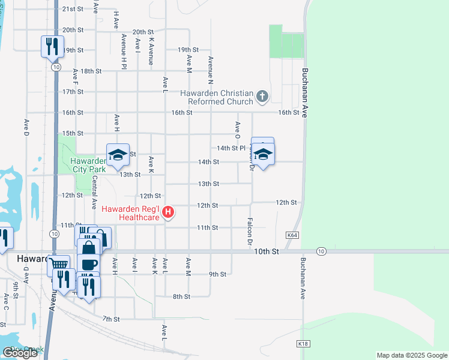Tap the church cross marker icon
[x=262, y=96]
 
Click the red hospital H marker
[x=169, y=212]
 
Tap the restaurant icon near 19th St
[x=52, y=46]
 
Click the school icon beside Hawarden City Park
[x=118, y=155]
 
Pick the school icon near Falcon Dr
[x=262, y=155]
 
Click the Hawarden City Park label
[x=88, y=165]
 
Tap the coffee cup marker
[x=89, y=264]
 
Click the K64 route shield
[x=292, y=235]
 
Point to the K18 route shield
[x=303, y=344]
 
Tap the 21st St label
[x=72, y=9]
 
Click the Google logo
[x=20, y=353]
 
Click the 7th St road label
[x=112, y=319]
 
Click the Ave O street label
[x=238, y=128]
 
